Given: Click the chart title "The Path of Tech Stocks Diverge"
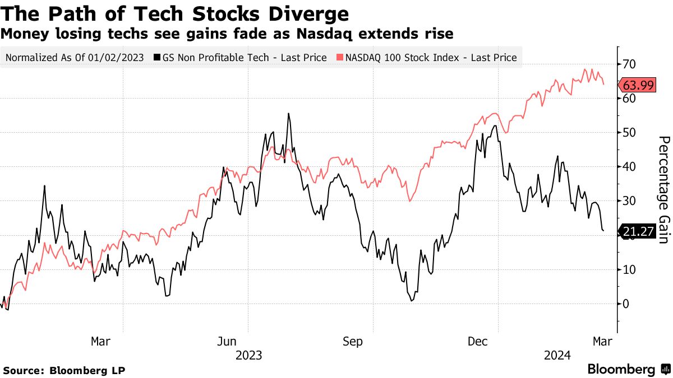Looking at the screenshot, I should tap(174, 13).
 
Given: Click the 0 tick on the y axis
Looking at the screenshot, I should tap(625, 304).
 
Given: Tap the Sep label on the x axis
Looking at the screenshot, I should tap(352, 341).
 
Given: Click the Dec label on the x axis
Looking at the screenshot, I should tap(478, 341).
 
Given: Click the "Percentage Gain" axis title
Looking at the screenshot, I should tap(663, 189).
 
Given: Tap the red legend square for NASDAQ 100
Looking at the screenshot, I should tap(340, 58).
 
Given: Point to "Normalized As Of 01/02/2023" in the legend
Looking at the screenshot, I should tap(74, 58).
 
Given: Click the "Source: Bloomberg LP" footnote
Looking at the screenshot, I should tap(64, 370).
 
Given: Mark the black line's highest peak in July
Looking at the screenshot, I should tap(288, 114).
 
